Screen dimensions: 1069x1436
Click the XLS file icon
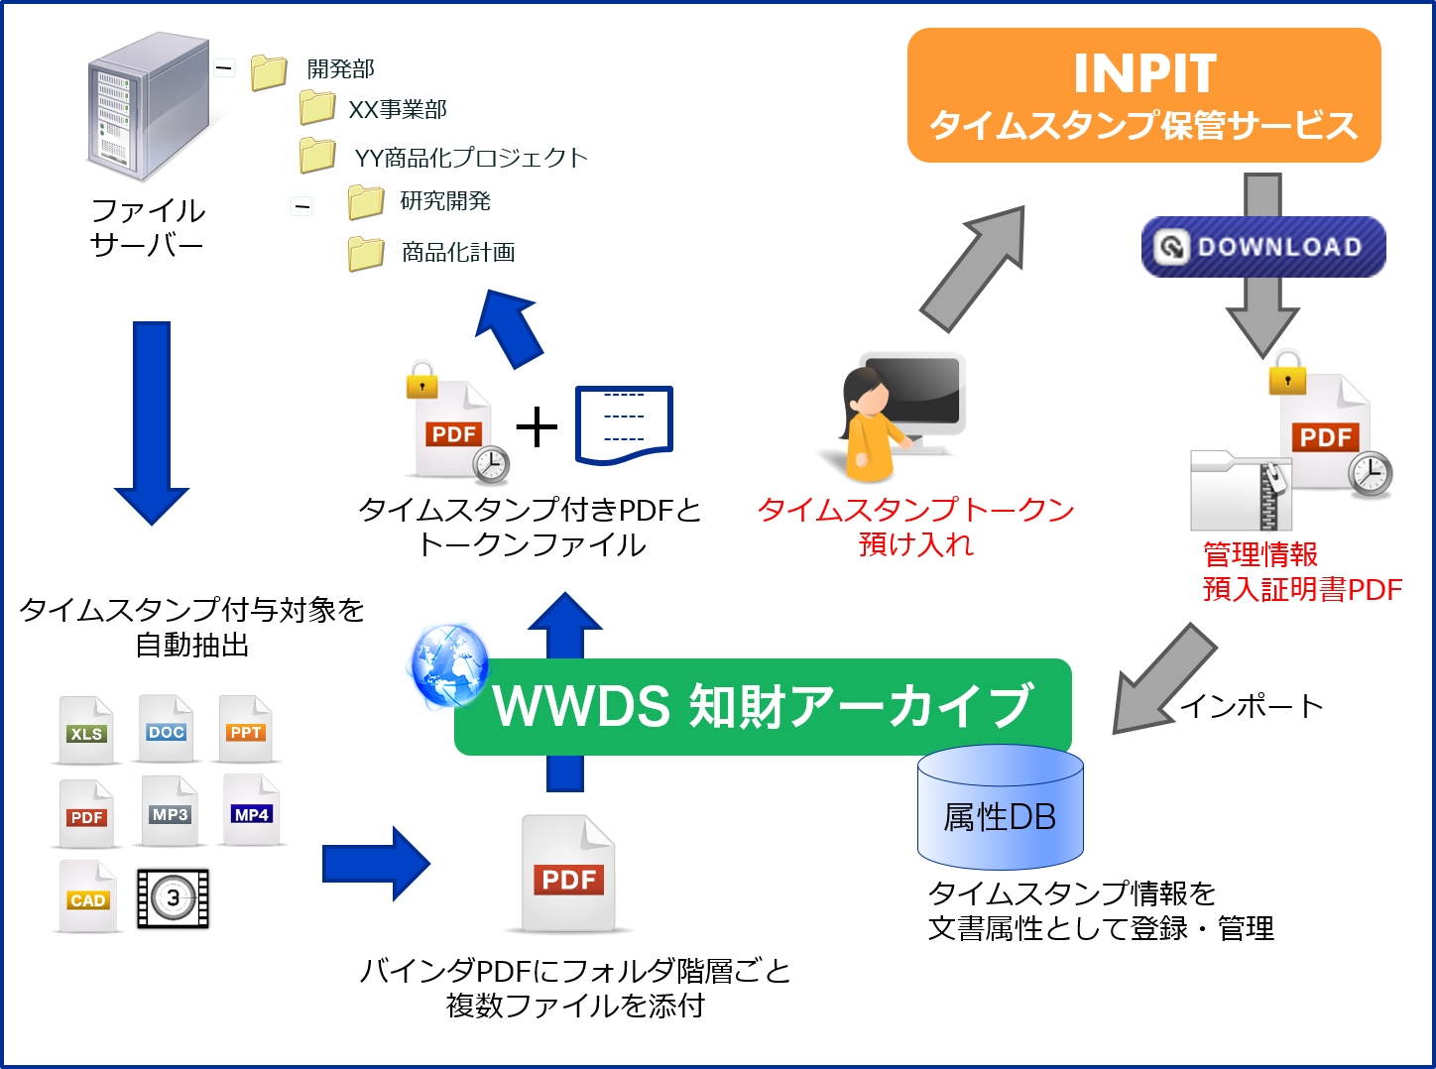86,731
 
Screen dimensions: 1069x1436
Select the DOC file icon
166,729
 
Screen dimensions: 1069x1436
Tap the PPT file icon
245,729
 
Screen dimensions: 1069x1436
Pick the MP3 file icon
170,811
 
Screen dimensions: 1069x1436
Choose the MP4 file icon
251,811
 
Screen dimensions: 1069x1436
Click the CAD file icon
87,896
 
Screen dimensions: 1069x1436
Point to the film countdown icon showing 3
173,898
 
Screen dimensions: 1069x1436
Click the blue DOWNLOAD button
1262,247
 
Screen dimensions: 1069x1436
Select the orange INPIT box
1143,95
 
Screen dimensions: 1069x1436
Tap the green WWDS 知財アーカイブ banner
762,707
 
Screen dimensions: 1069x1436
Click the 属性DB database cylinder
1000,808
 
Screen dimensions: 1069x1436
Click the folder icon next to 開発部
269,71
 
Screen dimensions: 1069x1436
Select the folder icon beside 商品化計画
366,253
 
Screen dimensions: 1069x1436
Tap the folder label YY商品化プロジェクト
471,158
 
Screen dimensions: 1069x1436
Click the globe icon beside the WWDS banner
449,665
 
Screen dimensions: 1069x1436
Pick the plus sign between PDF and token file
537,427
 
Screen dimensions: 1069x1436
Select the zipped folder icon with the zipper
1240,491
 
